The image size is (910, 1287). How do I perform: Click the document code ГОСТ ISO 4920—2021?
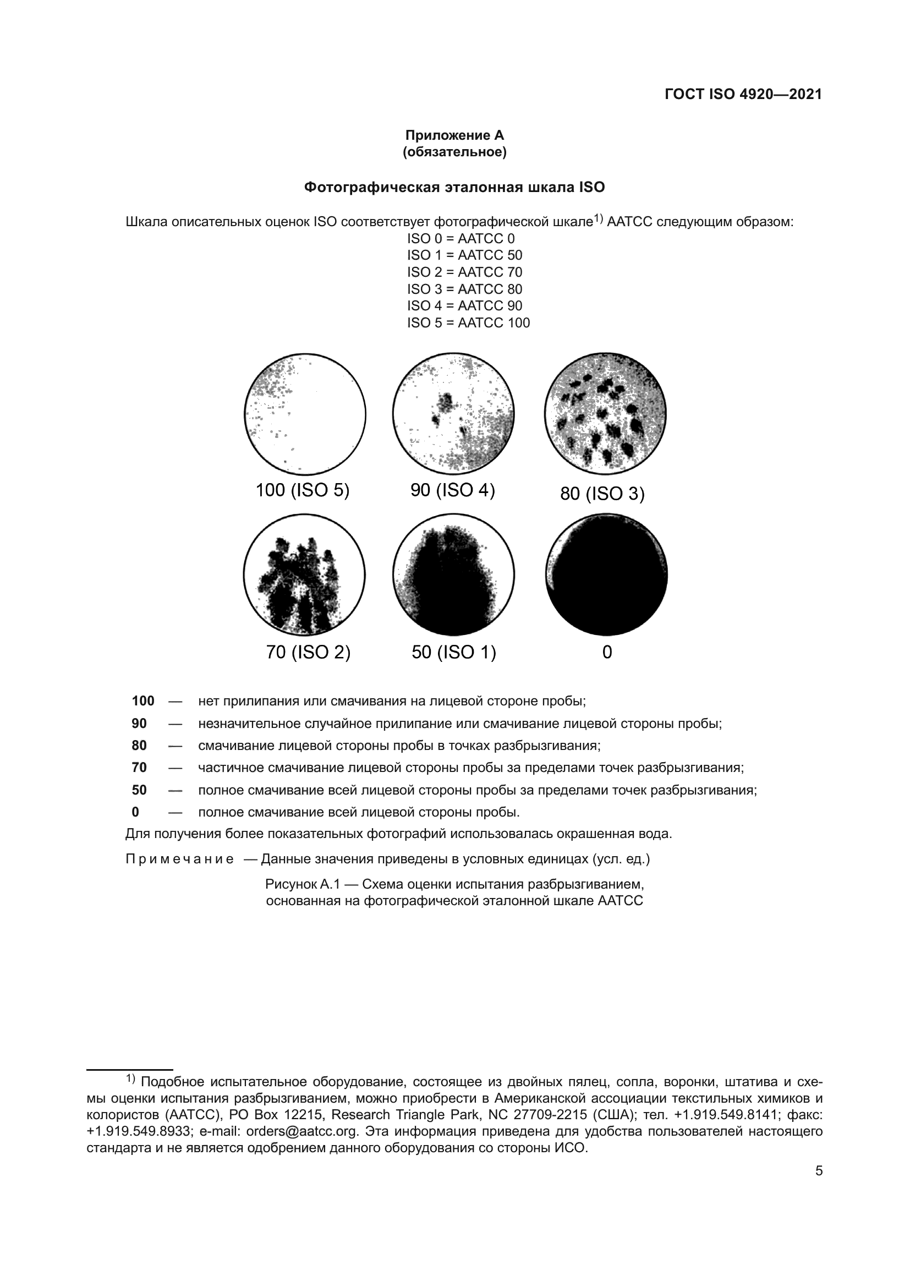click(743, 94)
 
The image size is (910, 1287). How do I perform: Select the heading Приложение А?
click(454, 135)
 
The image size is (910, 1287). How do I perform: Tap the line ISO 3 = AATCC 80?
click(464, 289)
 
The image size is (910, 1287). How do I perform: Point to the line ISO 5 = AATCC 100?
click(468, 323)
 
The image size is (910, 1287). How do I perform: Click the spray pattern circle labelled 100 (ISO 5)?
click(305, 414)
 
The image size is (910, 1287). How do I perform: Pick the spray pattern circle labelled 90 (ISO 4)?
click(453, 414)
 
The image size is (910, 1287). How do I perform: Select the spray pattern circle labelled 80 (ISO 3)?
click(605, 414)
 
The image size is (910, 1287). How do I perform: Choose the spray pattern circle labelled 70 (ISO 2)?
click(304, 574)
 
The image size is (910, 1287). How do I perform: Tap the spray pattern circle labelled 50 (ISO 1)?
click(453, 574)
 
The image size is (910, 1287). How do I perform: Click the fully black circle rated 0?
click(606, 574)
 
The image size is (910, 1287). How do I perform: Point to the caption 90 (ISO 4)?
click(453, 490)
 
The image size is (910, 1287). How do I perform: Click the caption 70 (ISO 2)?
click(308, 653)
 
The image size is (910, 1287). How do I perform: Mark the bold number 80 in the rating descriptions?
click(139, 746)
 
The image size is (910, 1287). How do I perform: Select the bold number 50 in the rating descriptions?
click(139, 790)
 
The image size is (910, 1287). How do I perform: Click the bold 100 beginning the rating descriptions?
click(143, 701)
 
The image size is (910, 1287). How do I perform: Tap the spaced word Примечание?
click(180, 859)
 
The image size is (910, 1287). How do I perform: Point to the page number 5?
click(819, 1171)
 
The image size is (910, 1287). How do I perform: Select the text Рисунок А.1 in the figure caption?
click(303, 885)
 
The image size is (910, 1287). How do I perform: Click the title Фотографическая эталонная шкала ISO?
click(454, 187)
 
